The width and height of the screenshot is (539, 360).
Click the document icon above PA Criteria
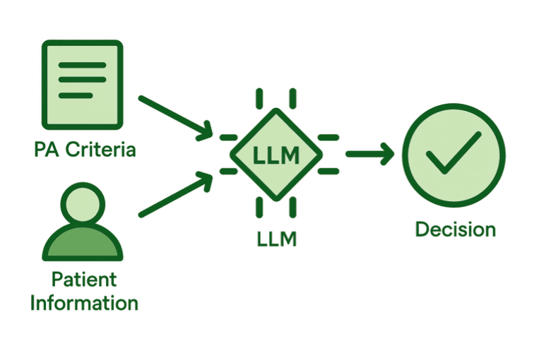tap(82, 83)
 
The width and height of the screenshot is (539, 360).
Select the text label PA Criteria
tap(85, 150)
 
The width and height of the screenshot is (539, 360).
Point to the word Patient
tap(84, 280)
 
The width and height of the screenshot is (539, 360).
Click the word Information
tap(84, 303)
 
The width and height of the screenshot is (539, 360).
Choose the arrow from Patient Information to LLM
tap(174, 194)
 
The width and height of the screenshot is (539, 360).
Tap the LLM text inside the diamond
tap(276, 155)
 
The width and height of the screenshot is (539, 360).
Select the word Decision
tap(455, 229)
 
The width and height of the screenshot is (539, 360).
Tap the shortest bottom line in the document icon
tap(76, 95)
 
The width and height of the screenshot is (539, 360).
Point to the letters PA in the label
tap(47, 150)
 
